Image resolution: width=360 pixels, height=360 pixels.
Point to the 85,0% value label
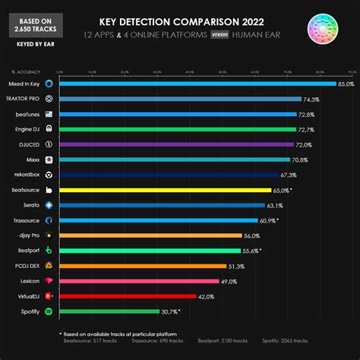[x=346, y=84]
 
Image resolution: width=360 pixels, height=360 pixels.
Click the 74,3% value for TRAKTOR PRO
[x=311, y=99]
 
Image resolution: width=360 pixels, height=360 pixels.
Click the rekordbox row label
[x=28, y=175]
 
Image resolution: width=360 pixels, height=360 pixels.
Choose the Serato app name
[x=32, y=205]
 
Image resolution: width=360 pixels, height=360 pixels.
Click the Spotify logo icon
[x=49, y=311]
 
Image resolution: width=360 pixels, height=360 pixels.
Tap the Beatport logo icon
[x=49, y=251]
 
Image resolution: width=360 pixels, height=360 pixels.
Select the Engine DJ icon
[x=49, y=129]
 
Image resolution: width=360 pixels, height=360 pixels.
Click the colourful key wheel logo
[x=327, y=28]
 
